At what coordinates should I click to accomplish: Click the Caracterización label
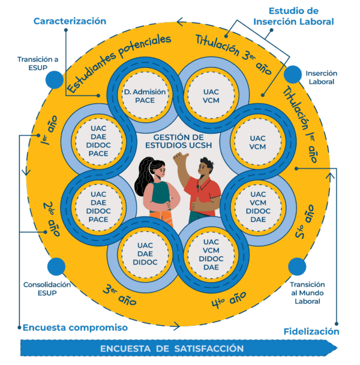(70, 21)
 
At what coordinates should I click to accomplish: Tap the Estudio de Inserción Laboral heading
(294, 16)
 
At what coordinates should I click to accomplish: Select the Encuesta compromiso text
(75, 327)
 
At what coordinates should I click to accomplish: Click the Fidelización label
(311, 332)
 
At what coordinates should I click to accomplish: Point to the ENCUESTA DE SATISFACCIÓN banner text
(172, 349)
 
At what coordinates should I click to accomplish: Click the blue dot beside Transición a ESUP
(55, 80)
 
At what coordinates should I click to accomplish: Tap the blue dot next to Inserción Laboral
(292, 74)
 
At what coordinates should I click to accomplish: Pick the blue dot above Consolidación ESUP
(56, 266)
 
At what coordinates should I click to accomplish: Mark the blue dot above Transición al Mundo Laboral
(297, 266)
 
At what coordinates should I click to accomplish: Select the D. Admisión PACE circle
(145, 96)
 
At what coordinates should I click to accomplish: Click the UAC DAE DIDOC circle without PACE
(145, 254)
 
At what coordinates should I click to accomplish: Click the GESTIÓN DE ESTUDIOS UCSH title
(179, 141)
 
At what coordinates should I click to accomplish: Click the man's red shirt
(205, 195)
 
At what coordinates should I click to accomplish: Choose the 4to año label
(229, 300)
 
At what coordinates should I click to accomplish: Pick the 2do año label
(52, 219)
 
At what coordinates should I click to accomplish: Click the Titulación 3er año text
(234, 54)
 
